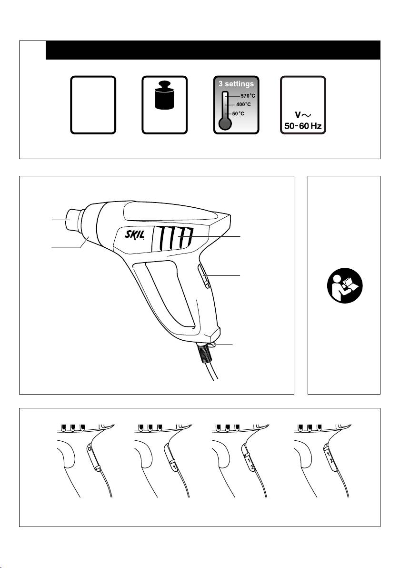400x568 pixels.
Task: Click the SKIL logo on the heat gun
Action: click(x=135, y=235)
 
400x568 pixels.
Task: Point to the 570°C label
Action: click(x=248, y=96)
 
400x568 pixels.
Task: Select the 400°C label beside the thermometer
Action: click(x=244, y=104)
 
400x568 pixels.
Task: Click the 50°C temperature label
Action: click(x=238, y=114)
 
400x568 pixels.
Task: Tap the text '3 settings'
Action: click(x=236, y=84)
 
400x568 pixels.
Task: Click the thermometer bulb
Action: click(x=225, y=123)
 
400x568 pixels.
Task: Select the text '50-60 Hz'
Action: click(x=303, y=126)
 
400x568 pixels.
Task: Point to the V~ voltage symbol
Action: click(x=303, y=115)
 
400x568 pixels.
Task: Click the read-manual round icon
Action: click(x=345, y=285)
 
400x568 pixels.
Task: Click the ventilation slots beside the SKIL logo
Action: click(x=173, y=238)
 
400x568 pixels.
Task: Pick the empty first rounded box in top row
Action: click(x=93, y=105)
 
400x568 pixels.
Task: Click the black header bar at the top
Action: click(x=213, y=50)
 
